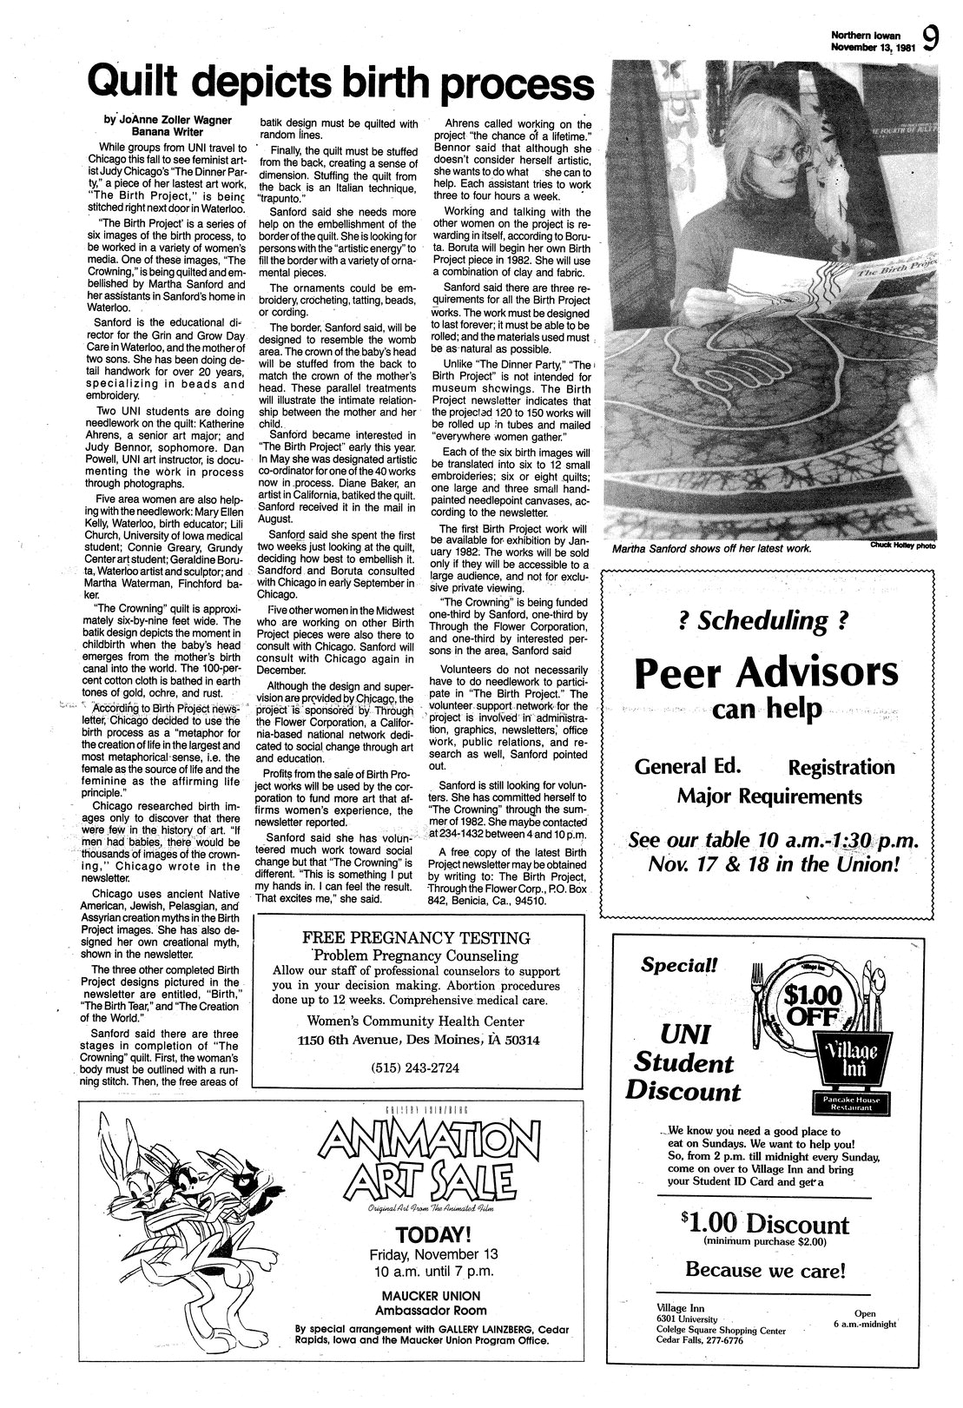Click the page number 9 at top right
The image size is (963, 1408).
(x=932, y=39)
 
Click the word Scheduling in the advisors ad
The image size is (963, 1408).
(x=766, y=621)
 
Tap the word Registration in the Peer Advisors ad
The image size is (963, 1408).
(x=841, y=767)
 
